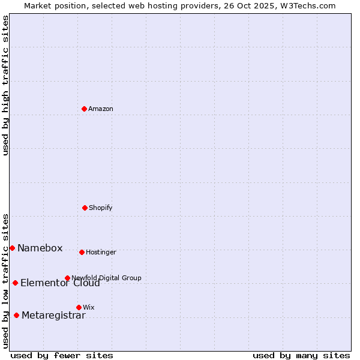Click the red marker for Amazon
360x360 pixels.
(x=84, y=109)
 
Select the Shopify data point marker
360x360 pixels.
(x=85, y=208)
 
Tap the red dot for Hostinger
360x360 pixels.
(x=82, y=252)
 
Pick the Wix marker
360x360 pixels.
(x=79, y=307)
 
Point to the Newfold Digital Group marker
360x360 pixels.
(x=67, y=278)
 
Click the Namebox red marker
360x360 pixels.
(x=12, y=248)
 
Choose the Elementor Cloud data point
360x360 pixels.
(x=15, y=283)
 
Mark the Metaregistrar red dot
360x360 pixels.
(x=16, y=315)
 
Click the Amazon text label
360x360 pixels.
(x=101, y=109)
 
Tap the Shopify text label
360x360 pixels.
(x=101, y=208)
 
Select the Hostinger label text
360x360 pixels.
(x=101, y=252)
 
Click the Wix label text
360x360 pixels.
(x=89, y=307)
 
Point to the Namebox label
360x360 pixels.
(x=40, y=248)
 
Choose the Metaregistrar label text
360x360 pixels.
(x=53, y=316)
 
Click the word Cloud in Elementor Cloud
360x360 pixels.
(x=86, y=283)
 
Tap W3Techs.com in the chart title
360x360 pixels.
(x=304, y=5)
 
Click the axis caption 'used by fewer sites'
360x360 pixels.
(x=62, y=355)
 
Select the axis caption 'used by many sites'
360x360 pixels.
(x=301, y=355)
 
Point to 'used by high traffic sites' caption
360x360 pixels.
(x=5, y=85)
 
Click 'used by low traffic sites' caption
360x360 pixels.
(x=5, y=280)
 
